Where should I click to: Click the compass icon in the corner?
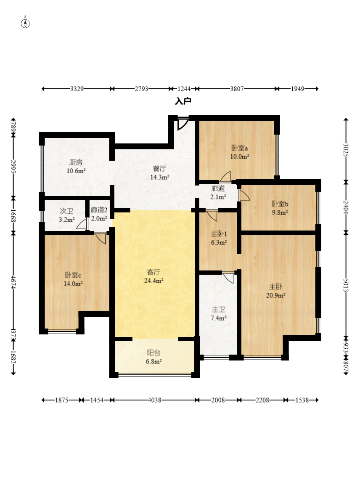pos(26,23)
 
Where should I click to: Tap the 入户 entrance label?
pos(183,101)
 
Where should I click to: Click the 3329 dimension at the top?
pos(77,89)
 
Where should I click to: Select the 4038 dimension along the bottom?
pos(154,400)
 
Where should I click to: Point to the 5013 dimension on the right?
pos(346,286)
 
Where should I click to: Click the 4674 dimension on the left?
pos(13,282)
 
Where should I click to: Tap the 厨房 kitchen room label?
pos(76,162)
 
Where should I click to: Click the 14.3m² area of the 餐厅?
pos(160,178)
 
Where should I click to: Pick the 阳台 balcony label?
pos(154,353)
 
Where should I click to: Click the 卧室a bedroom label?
pos(240,148)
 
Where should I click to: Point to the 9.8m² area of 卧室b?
pos(280,212)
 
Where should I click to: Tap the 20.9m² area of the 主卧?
pos(276,296)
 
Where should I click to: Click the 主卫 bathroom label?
pos(219,310)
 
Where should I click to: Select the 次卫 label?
pos(66,211)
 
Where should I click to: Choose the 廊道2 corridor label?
pos(99,210)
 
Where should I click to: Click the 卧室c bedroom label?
pos(73,275)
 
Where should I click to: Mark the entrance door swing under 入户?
pos(183,124)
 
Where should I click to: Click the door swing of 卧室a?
pos(225,176)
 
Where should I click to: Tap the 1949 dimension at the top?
pos(297,89)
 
